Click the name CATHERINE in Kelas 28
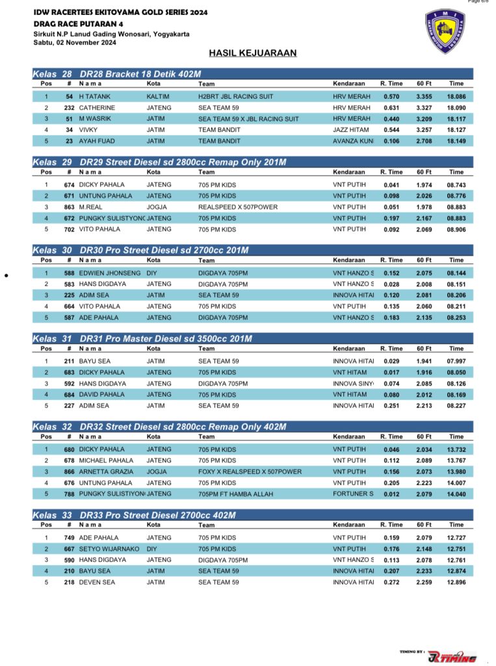(98, 107)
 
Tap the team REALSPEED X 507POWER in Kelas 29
(238, 207)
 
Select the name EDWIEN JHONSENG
(110, 273)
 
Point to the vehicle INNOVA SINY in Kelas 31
(354, 384)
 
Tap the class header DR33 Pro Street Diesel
(157, 515)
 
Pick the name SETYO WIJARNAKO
(109, 549)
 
